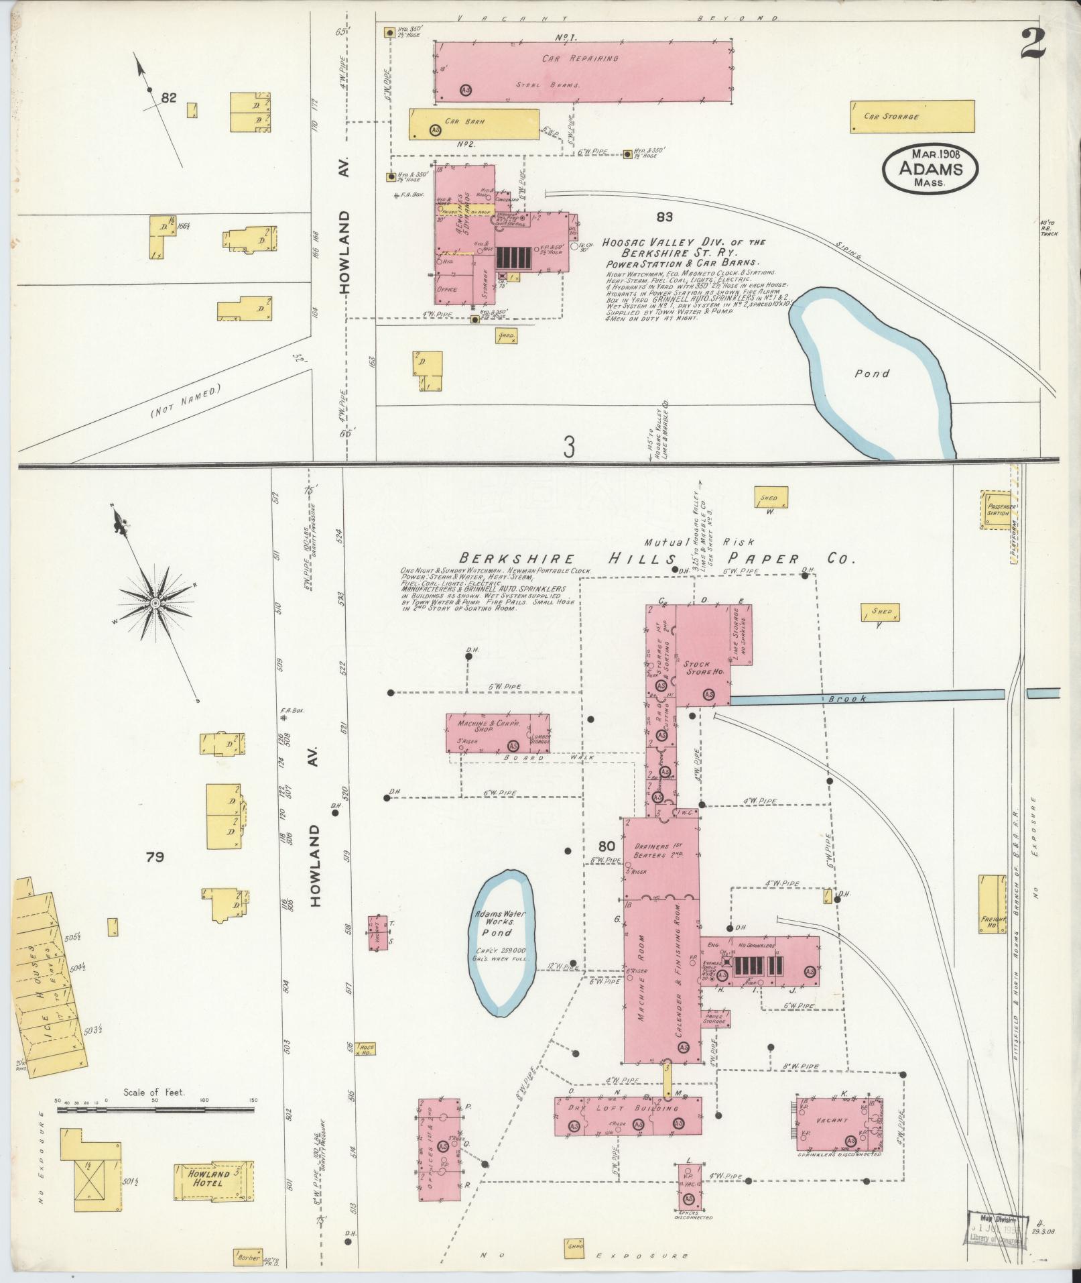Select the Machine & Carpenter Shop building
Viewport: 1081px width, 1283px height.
(497, 733)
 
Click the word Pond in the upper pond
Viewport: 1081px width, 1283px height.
(871, 374)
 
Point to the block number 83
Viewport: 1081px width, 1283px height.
(664, 217)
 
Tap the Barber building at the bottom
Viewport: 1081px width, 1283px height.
(248, 1258)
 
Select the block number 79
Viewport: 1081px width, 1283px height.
(154, 856)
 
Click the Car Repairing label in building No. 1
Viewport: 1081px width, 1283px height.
(580, 59)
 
